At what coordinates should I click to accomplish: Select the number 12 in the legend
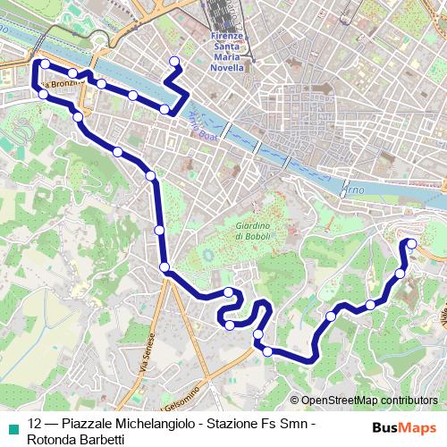coord(35,424)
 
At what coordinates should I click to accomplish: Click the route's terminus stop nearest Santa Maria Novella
coord(173,62)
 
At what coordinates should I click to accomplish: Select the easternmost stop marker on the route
coord(413,243)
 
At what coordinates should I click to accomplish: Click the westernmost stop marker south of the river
coord(42,94)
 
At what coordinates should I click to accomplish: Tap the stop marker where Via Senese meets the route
coord(164,267)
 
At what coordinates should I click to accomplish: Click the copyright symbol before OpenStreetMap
coord(295,401)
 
